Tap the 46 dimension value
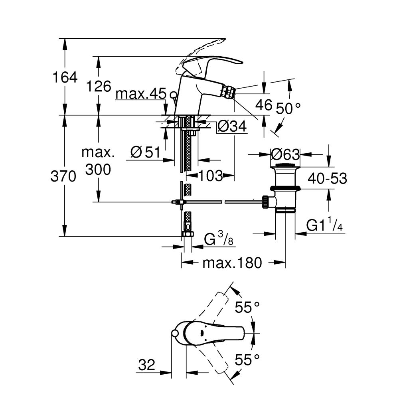tap(263, 105)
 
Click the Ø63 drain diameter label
tap(285, 154)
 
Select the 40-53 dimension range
tap(327, 178)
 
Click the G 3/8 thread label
tap(219, 240)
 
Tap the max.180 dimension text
tap(232, 263)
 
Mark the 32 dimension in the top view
tap(147, 364)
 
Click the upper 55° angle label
tap(247, 307)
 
